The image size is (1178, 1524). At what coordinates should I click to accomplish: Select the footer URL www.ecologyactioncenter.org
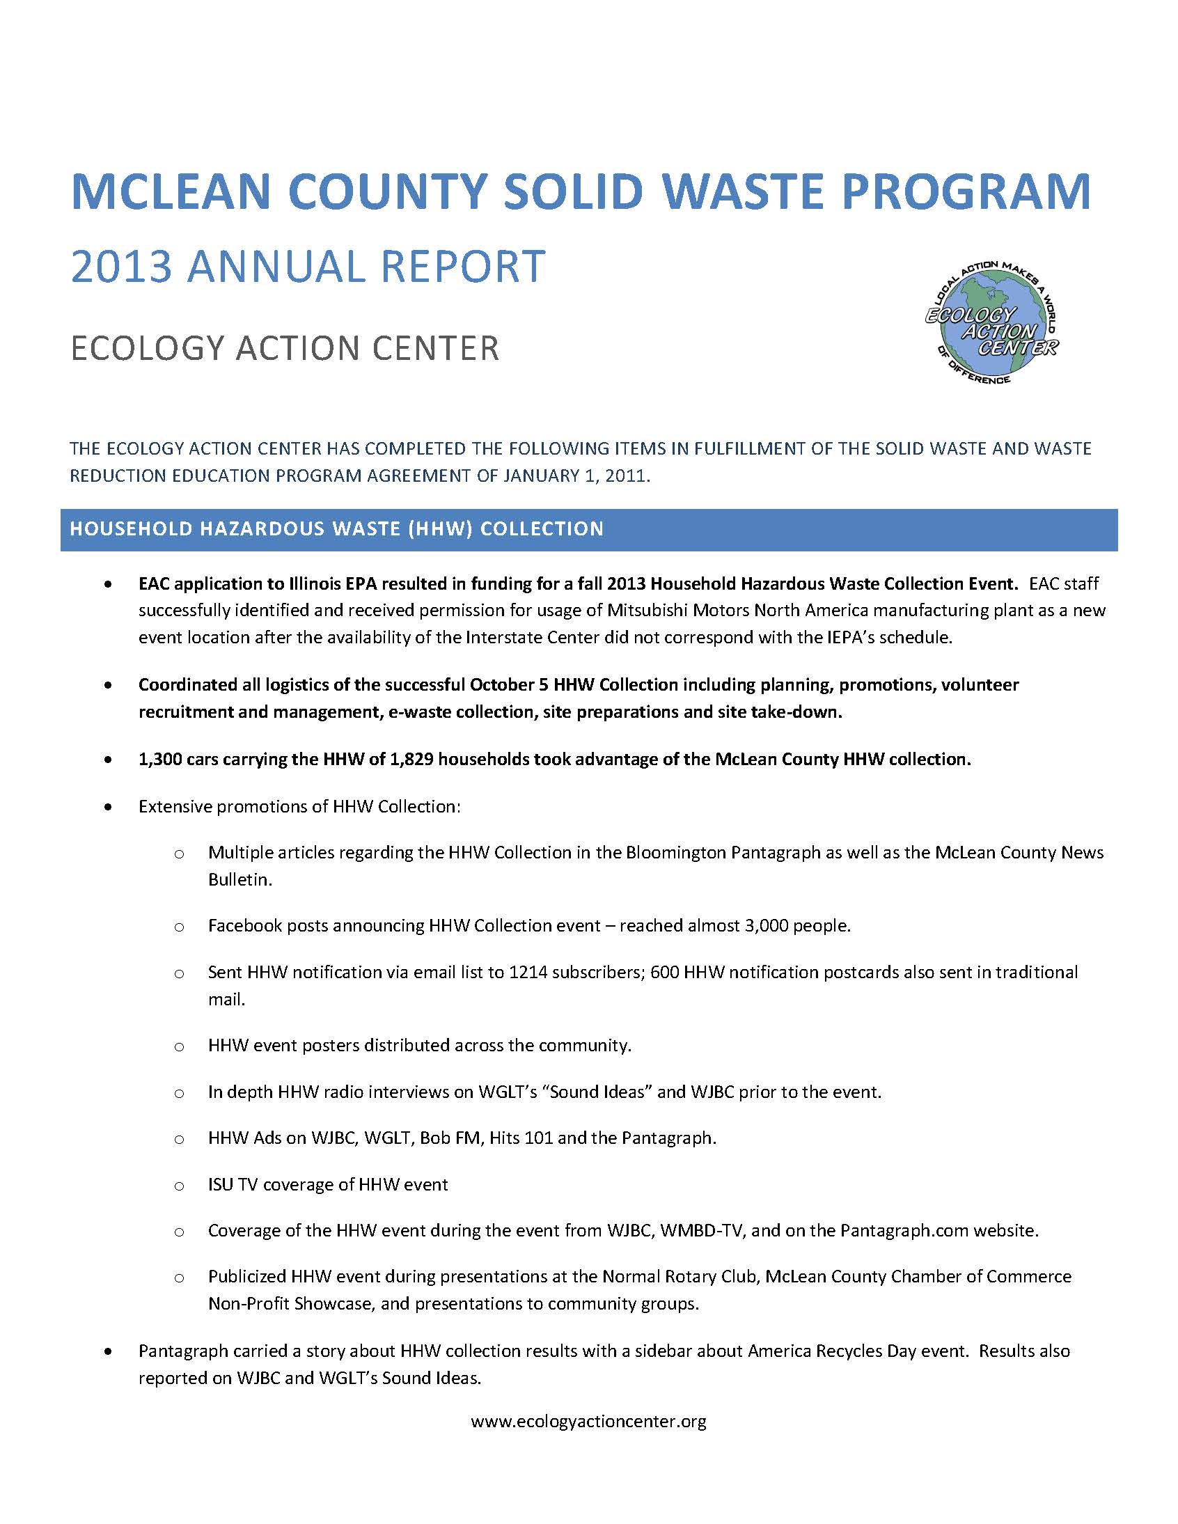[588, 1422]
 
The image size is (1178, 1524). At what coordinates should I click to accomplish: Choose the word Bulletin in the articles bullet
[239, 880]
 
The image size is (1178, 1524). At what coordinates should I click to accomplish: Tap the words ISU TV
[233, 1184]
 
